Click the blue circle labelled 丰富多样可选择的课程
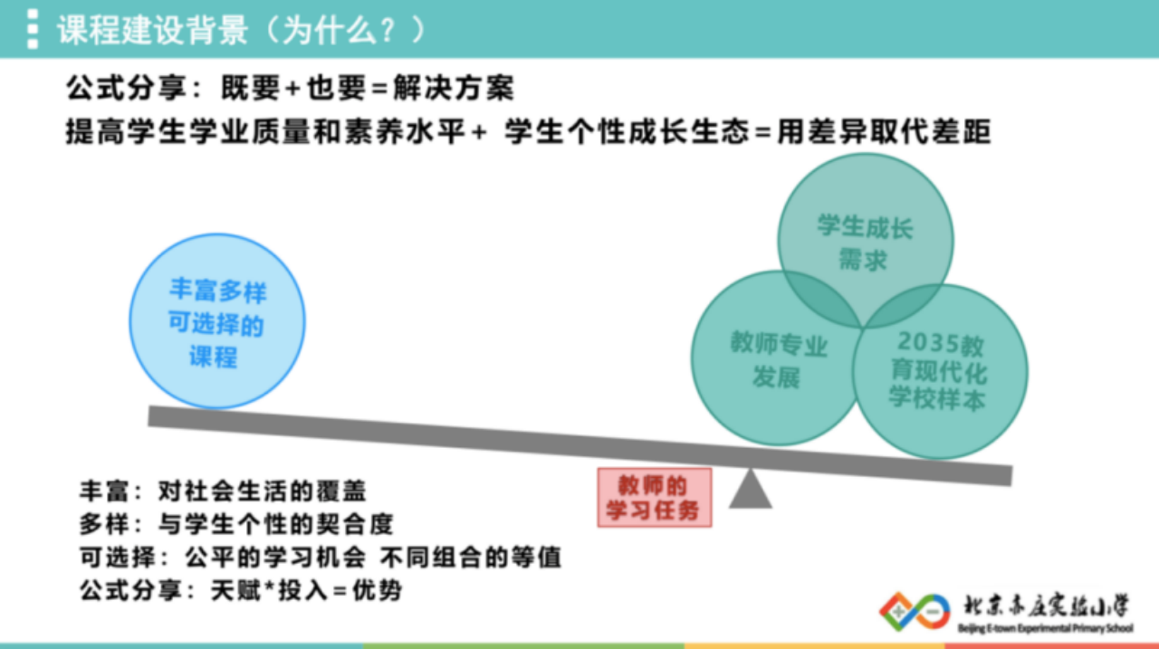(x=217, y=321)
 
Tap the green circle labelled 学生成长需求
(x=866, y=241)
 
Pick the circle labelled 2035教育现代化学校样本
(x=940, y=371)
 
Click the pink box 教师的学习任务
(x=655, y=498)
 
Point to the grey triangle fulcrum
(x=751, y=489)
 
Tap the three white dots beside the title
(x=33, y=29)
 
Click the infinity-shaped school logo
(x=915, y=611)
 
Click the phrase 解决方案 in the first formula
(x=454, y=88)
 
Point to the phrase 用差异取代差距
(x=884, y=131)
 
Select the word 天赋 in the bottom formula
(x=235, y=590)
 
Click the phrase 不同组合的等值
(x=471, y=558)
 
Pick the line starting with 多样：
(x=236, y=524)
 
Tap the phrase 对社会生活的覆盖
(x=263, y=491)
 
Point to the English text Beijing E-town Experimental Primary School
(x=1045, y=628)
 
